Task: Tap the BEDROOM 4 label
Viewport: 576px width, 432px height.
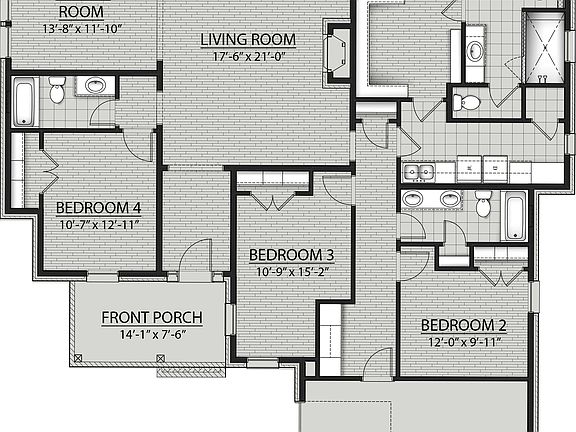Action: pyautogui.click(x=97, y=207)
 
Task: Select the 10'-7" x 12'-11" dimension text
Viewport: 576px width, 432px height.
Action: pyautogui.click(x=97, y=224)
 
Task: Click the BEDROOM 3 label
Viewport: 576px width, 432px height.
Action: pyautogui.click(x=291, y=254)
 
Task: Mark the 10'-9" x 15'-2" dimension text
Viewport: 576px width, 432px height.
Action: pyautogui.click(x=291, y=271)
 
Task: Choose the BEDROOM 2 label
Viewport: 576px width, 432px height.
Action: pyautogui.click(x=463, y=325)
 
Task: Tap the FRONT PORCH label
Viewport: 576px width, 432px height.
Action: pyautogui.click(x=153, y=318)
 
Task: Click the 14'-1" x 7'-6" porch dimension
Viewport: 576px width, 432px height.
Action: pyautogui.click(x=153, y=335)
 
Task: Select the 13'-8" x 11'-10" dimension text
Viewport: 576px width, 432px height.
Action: pyautogui.click(x=83, y=29)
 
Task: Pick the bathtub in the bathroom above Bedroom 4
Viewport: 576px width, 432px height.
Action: pyautogui.click(x=24, y=102)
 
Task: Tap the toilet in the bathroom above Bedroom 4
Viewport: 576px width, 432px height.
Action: pyautogui.click(x=57, y=91)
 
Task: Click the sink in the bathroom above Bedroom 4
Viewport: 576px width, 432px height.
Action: pyautogui.click(x=97, y=86)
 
